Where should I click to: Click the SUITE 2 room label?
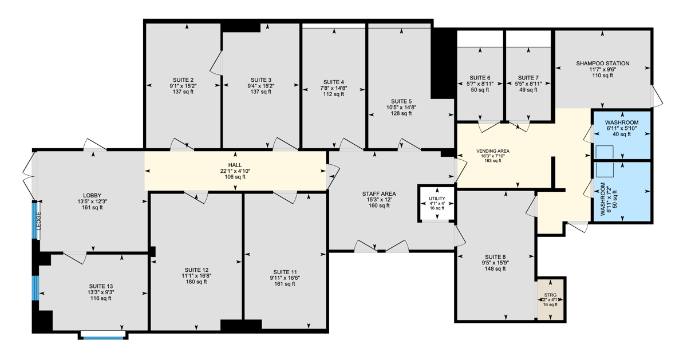click(183, 80)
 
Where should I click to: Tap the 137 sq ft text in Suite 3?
click(260, 92)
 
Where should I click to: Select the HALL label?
click(235, 165)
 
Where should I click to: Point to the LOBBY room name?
click(92, 196)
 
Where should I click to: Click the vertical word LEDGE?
click(39, 221)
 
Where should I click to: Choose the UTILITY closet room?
click(437, 203)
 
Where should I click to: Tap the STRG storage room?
click(551, 299)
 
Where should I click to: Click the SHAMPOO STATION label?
click(603, 64)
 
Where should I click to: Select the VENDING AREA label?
click(493, 151)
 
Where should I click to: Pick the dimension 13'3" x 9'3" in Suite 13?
click(101, 292)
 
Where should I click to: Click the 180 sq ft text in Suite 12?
click(196, 282)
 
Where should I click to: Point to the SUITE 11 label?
click(285, 272)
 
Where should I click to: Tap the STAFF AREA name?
click(379, 194)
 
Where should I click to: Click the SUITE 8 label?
click(495, 257)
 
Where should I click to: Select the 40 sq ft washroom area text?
click(622, 134)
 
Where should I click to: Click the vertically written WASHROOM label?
click(603, 199)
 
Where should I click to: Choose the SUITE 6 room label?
click(480, 78)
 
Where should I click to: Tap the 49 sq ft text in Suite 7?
click(528, 90)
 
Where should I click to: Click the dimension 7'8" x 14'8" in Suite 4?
click(334, 88)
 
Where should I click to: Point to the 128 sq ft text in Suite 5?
click(401, 113)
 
